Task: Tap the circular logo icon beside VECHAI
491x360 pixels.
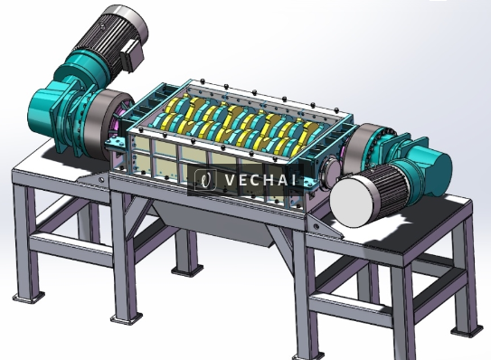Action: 206,179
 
